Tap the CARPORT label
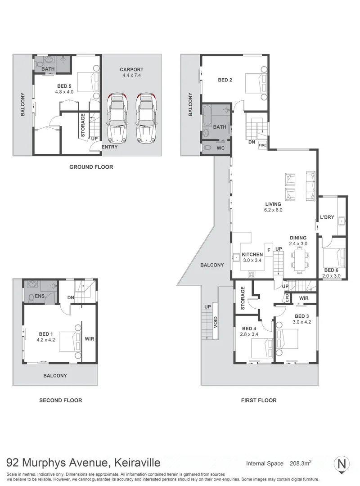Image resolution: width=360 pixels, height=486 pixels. (x=131, y=69)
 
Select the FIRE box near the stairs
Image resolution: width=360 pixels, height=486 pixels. (x=263, y=145)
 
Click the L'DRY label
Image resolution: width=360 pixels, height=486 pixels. (x=327, y=217)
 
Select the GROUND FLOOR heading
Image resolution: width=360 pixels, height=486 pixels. (x=91, y=167)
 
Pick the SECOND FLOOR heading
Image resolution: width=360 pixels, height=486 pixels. (x=60, y=400)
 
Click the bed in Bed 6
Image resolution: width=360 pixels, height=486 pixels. (x=334, y=258)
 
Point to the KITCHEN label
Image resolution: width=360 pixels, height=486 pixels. (x=252, y=255)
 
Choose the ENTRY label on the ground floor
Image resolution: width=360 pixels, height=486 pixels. (x=110, y=147)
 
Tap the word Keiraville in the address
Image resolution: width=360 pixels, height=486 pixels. (x=135, y=463)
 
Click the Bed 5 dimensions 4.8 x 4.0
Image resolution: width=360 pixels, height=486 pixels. (x=64, y=92)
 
